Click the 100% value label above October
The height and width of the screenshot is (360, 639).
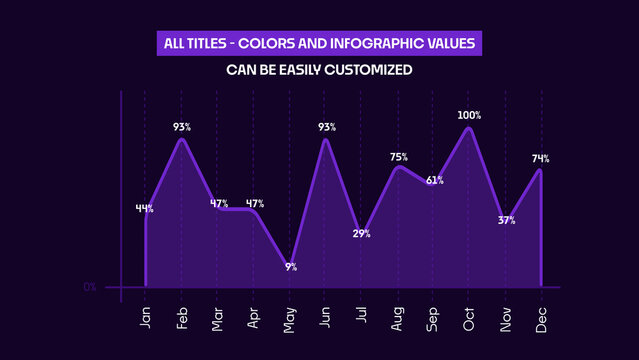(469, 116)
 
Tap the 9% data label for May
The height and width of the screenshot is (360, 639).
(291, 267)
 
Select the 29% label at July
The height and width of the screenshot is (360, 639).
(361, 234)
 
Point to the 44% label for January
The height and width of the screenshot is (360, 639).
(145, 209)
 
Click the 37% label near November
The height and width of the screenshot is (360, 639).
(506, 220)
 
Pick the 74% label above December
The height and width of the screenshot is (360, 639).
(540, 159)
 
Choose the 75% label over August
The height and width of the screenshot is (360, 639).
(398, 157)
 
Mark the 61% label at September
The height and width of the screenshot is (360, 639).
(434, 181)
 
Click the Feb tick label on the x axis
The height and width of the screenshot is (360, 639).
(183, 318)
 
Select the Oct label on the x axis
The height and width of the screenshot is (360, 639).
(469, 318)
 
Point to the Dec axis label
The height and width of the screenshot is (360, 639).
(542, 318)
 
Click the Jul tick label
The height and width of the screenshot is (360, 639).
(362, 318)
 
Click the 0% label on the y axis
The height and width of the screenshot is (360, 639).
(90, 287)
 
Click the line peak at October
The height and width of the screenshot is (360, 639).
(468, 128)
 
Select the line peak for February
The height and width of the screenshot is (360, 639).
(182, 139)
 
